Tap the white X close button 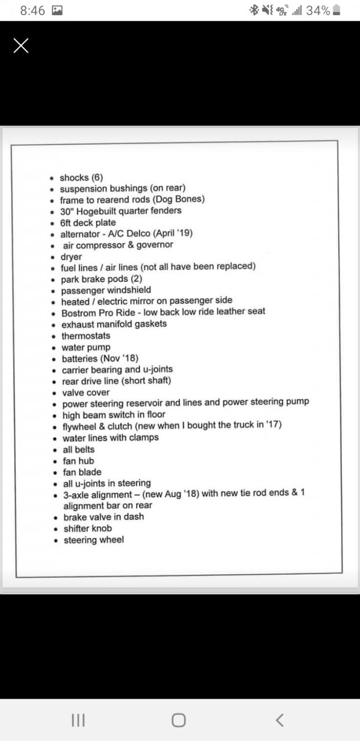(21, 46)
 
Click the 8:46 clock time (32, 10)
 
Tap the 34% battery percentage (318, 10)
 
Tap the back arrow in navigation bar (280, 720)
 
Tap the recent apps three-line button (78, 720)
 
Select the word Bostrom (78, 311)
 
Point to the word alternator (80, 233)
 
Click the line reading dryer (71, 256)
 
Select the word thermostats (86, 336)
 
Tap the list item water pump (86, 347)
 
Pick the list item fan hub (78, 461)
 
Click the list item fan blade (82, 472)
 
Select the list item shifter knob (87, 528)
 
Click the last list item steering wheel (93, 540)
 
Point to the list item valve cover (85, 392)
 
